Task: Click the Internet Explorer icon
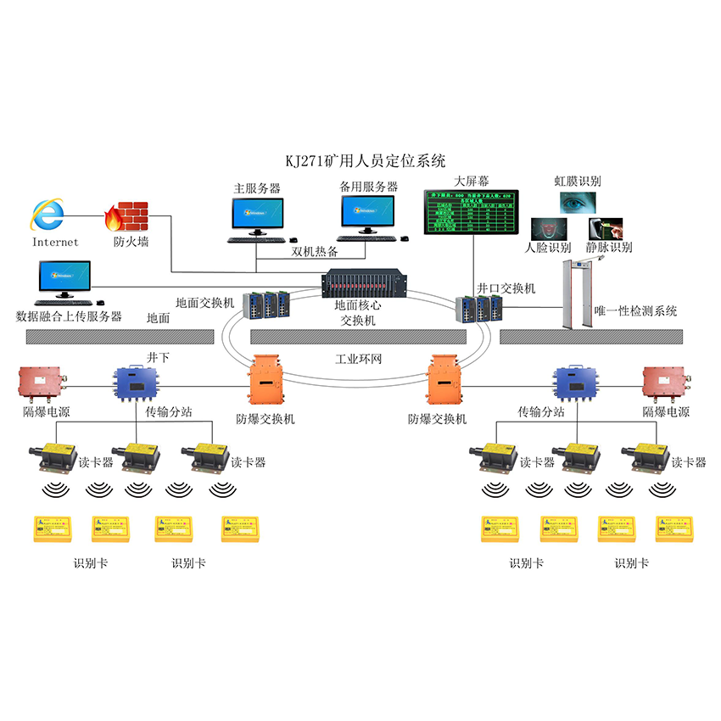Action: pos(48,215)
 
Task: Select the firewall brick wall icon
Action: pos(126,217)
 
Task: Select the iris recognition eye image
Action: pos(577,202)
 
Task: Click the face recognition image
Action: pos(546,229)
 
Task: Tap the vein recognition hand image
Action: pos(606,229)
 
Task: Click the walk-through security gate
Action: pos(583,293)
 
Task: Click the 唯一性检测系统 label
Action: pos(635,311)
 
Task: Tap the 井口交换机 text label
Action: pos(506,288)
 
